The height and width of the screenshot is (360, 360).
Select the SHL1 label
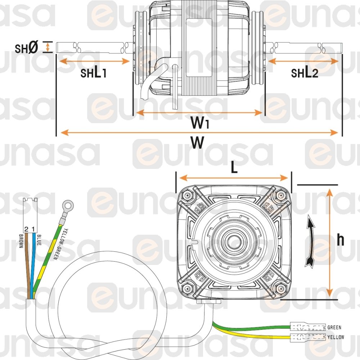[93, 73]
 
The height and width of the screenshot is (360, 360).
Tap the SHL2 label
[305, 73]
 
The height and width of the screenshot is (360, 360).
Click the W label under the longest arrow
[197, 143]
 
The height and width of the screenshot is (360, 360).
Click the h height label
[340, 240]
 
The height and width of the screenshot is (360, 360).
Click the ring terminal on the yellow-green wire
[67, 206]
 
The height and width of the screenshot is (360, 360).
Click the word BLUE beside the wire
[39, 240]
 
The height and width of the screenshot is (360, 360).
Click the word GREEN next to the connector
[334, 328]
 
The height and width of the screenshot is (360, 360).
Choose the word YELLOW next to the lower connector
[336, 337]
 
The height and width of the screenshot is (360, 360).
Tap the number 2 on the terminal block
[26, 229]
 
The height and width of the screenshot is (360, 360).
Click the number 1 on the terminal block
[33, 229]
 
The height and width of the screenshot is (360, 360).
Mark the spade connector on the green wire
[307, 328]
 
